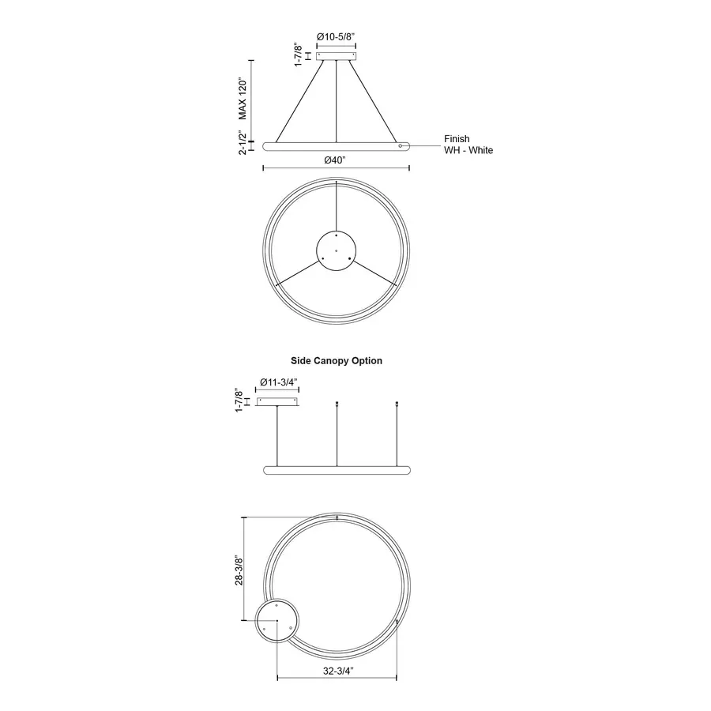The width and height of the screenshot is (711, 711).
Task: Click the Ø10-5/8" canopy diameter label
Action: [x=336, y=36]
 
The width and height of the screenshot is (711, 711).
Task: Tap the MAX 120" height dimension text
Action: [x=243, y=100]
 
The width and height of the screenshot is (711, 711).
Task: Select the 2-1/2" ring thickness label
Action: [x=243, y=142]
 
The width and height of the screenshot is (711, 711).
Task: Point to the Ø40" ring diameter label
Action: [x=335, y=160]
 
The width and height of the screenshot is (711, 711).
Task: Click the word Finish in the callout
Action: [x=457, y=139]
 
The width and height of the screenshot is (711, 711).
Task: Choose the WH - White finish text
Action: [x=468, y=150]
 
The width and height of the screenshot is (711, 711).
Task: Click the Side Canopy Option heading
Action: [x=337, y=360]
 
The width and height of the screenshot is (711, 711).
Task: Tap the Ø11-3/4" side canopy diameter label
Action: [x=278, y=382]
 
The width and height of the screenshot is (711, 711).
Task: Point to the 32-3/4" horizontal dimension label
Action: [x=338, y=671]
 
